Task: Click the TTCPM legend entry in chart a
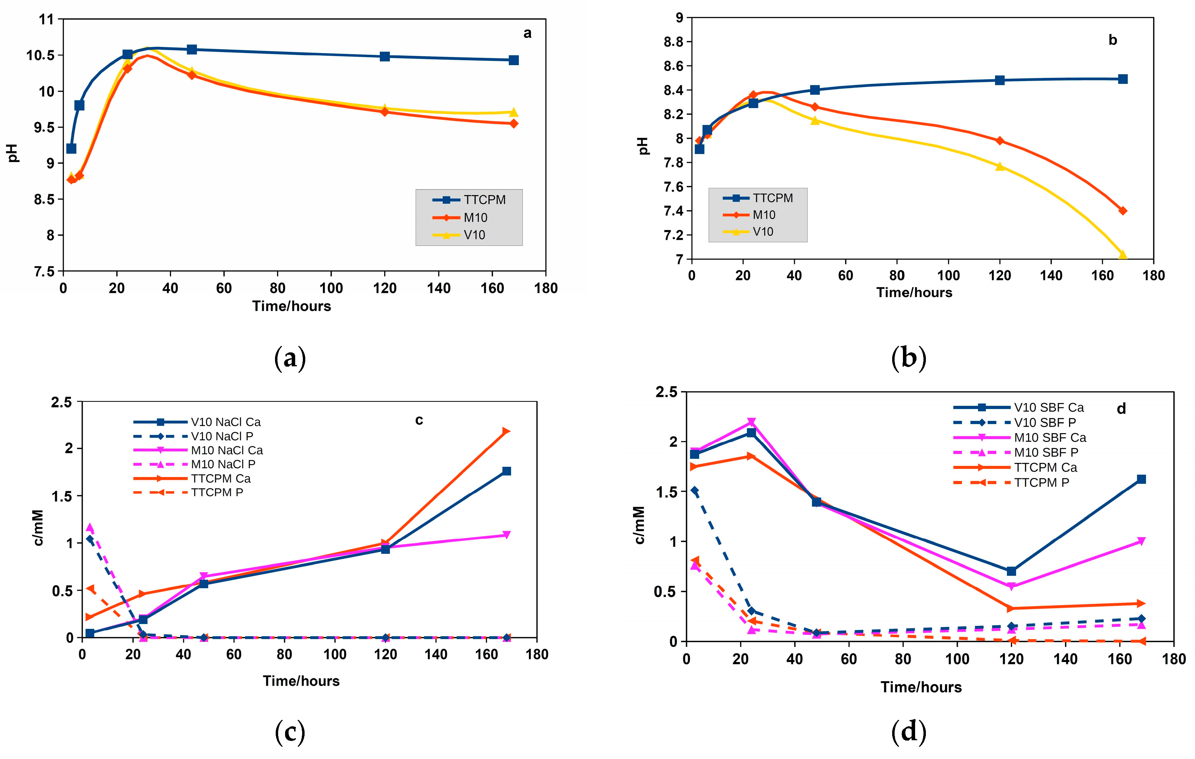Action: [484, 200]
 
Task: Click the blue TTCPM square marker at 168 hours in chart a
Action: [514, 60]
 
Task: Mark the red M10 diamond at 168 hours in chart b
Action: [1123, 211]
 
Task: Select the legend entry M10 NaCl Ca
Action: [226, 450]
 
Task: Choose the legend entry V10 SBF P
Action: [1045, 422]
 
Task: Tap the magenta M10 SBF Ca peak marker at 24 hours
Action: [751, 422]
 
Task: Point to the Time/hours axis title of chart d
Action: [921, 687]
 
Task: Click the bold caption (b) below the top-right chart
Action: [909, 358]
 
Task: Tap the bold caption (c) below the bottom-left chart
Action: [290, 732]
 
